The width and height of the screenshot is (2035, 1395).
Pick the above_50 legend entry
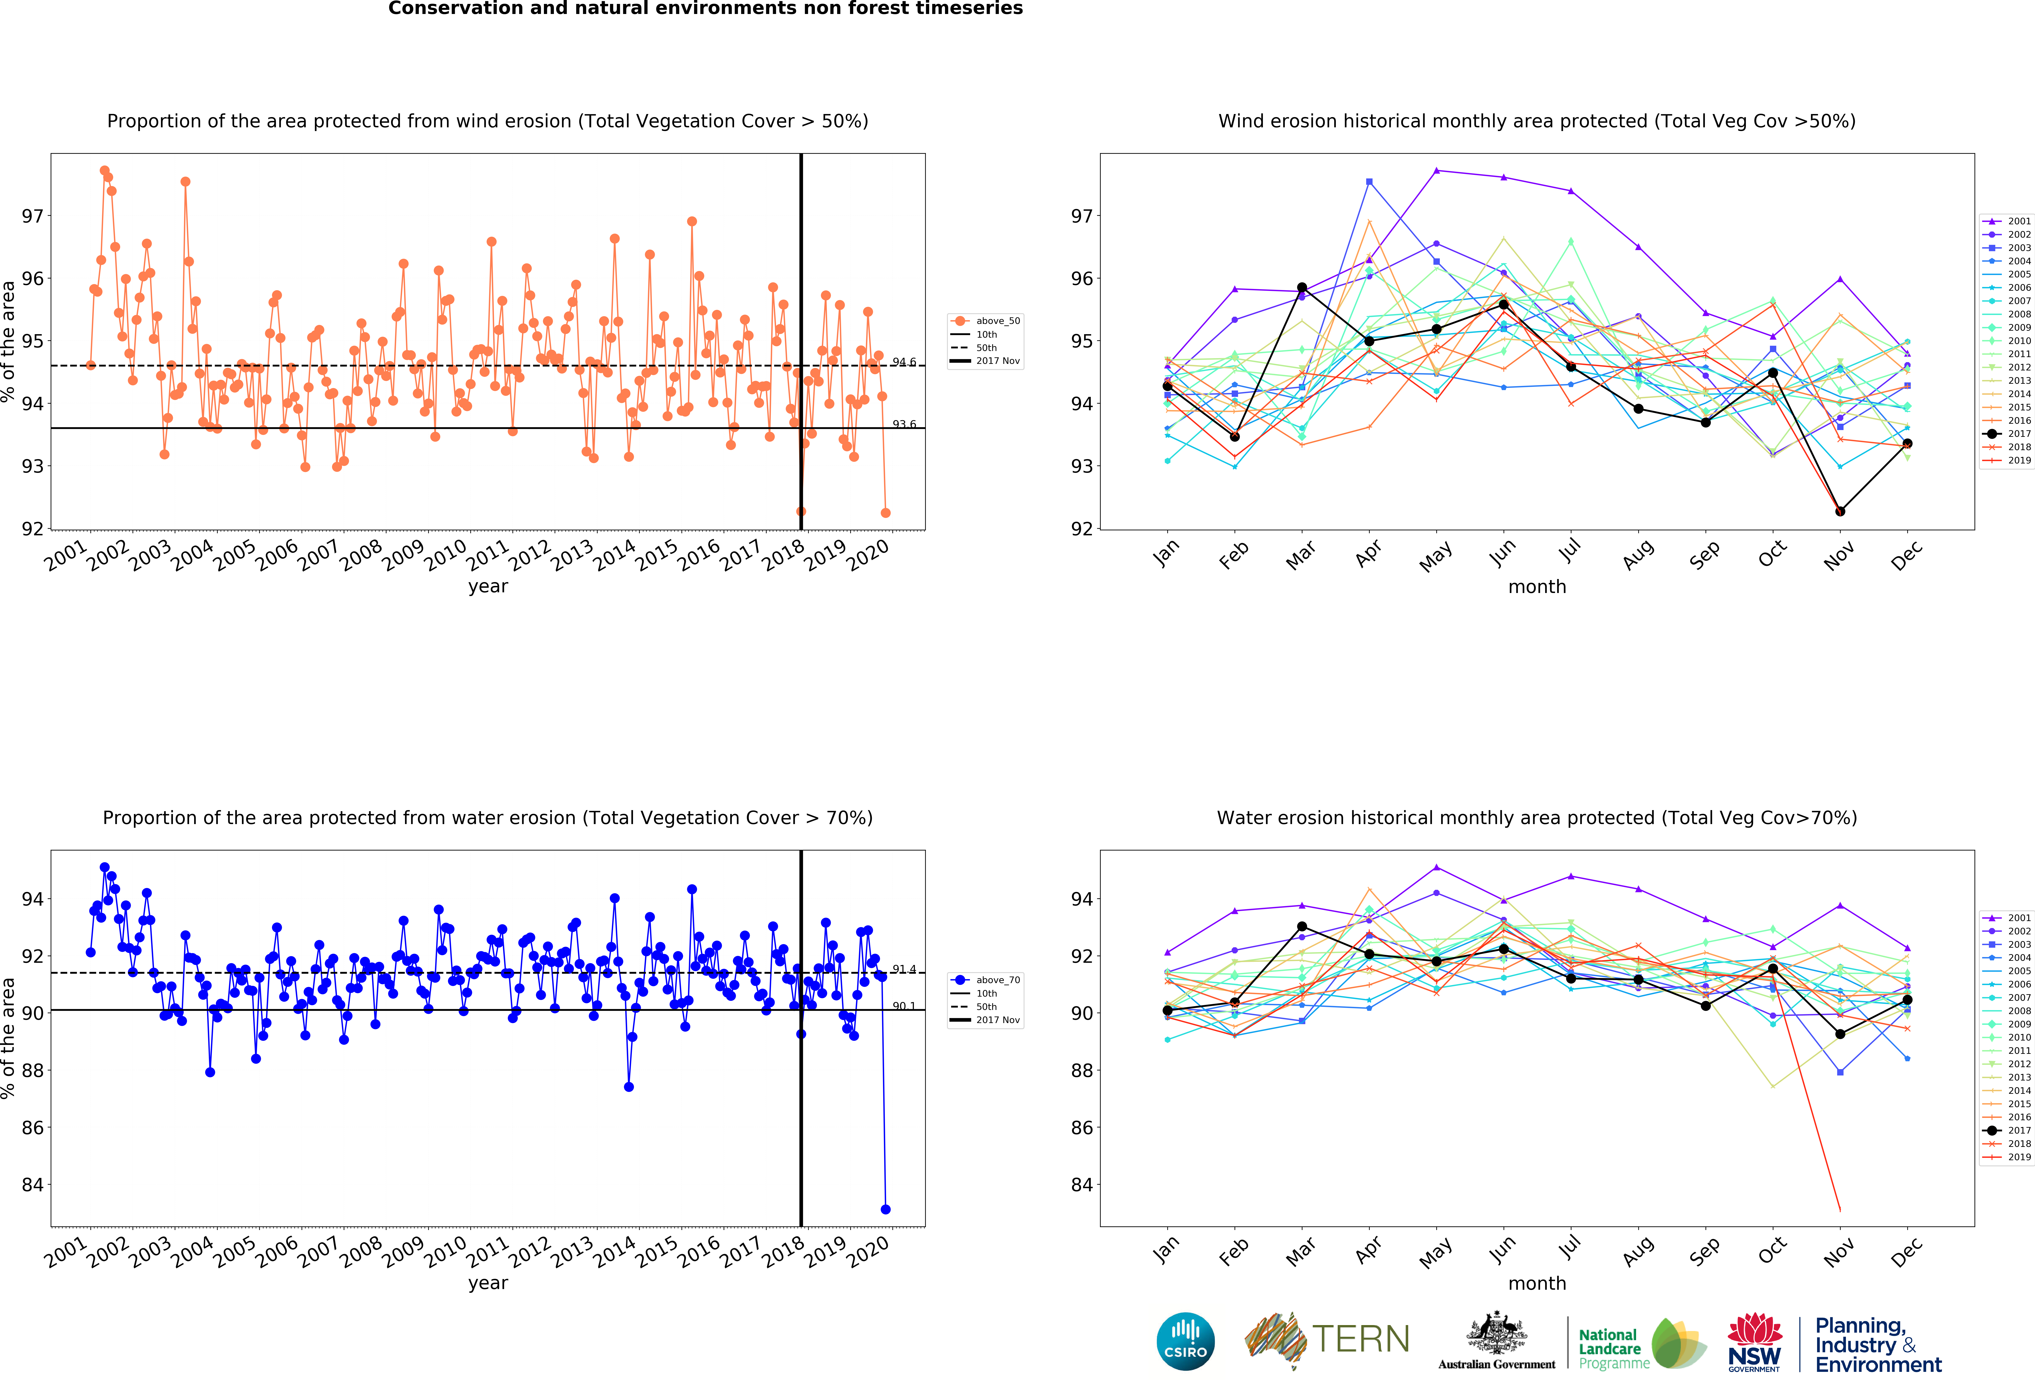(985, 321)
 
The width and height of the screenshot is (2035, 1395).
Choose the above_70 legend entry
(985, 980)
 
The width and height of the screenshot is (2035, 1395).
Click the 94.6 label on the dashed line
(904, 362)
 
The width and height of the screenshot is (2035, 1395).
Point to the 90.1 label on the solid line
(904, 1006)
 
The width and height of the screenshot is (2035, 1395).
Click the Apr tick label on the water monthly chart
(1368, 1250)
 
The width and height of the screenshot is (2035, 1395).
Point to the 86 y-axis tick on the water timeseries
(32, 1128)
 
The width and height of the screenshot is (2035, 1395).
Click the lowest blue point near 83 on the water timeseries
(885, 1209)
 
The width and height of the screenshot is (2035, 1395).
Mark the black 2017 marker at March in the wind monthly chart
(1302, 287)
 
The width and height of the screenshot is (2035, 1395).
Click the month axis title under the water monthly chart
(1537, 1284)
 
